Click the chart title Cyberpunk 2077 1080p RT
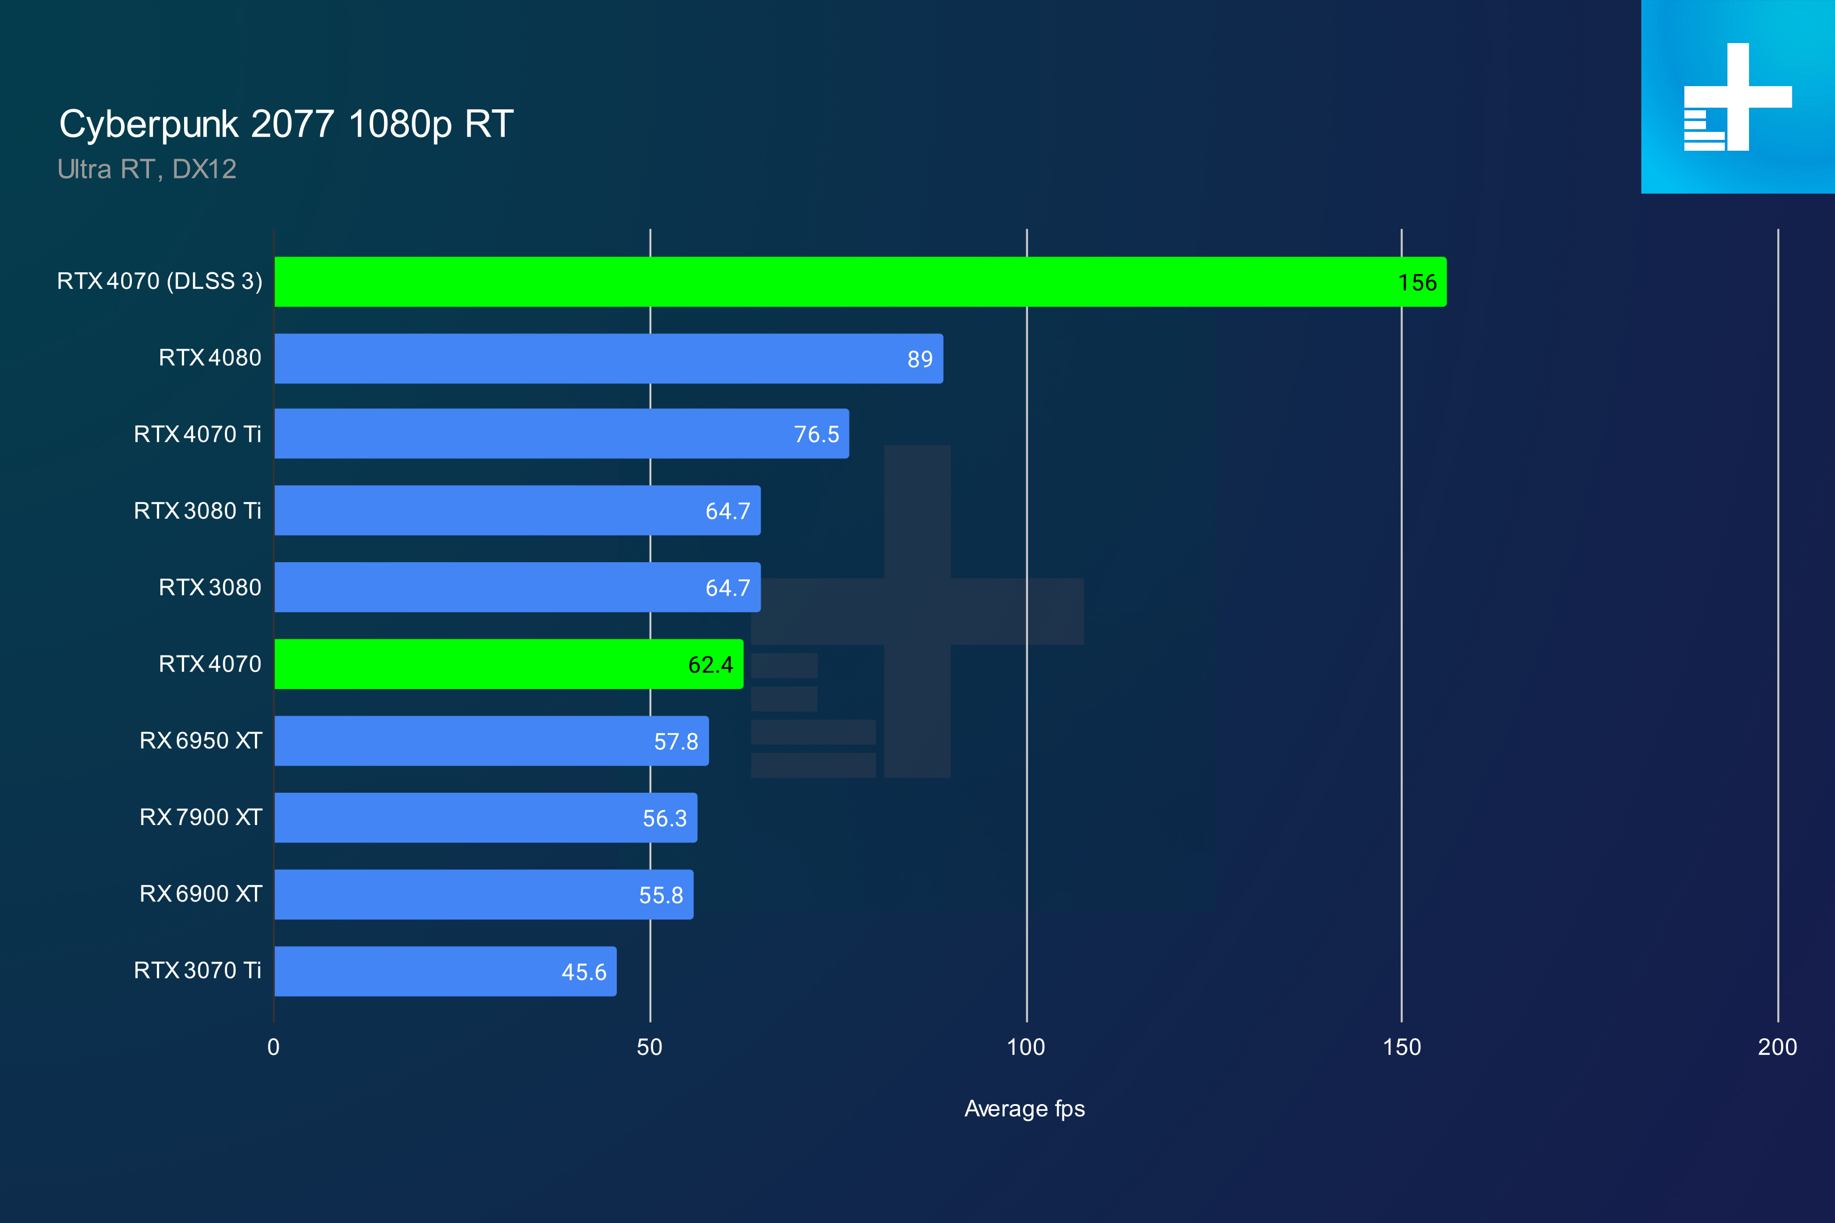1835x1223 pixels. tap(287, 125)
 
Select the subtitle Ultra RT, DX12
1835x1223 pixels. tap(147, 169)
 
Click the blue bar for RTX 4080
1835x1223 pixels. tap(608, 359)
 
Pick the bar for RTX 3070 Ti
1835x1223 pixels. tap(445, 971)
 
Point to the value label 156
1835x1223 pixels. tap(1417, 283)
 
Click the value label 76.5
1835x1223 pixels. tap(816, 434)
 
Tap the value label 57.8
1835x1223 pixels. tap(676, 741)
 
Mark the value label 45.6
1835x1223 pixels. tap(583, 972)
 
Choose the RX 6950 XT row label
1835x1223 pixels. tap(200, 740)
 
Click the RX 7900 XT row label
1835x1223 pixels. tap(200, 816)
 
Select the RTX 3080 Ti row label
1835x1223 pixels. tap(198, 511)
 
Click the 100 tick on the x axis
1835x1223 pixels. tap(1026, 1047)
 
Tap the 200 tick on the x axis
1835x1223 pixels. tap(1777, 1047)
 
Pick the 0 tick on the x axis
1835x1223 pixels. tap(273, 1047)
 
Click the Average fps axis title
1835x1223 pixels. tap(1025, 1109)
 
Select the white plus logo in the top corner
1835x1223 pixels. tap(1738, 97)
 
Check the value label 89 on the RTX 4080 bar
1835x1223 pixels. tap(920, 359)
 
